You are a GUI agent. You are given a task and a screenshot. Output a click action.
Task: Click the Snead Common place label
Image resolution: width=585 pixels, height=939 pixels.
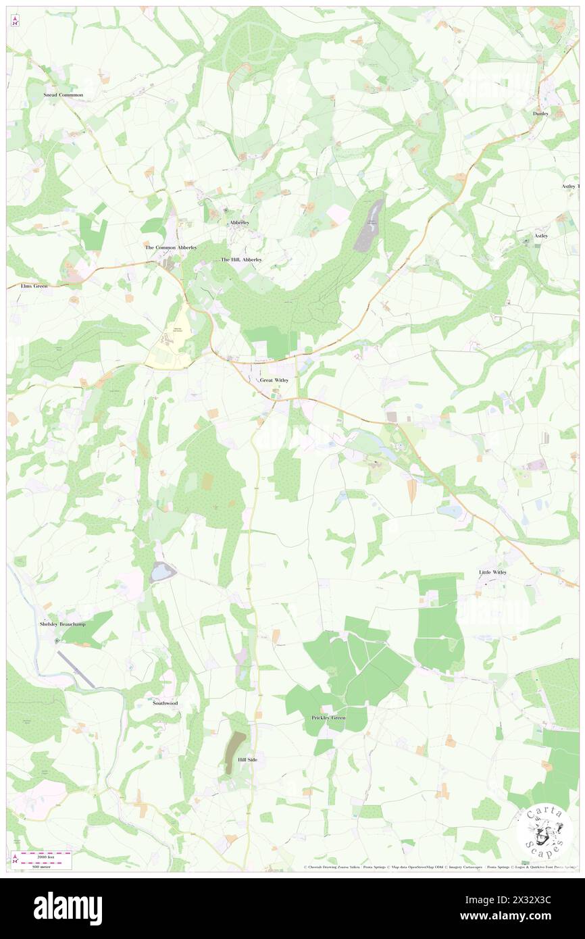(x=63, y=95)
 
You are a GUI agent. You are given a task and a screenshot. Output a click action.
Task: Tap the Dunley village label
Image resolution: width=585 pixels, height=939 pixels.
(x=540, y=114)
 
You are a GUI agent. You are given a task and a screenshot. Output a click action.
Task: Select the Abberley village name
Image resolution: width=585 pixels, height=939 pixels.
(x=239, y=222)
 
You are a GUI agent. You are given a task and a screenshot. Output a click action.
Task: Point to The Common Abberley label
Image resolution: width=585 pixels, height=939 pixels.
(x=171, y=248)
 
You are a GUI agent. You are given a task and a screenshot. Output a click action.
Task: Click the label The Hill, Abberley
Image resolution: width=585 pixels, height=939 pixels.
(x=241, y=259)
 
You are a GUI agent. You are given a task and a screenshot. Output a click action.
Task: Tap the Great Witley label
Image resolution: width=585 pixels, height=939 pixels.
(x=274, y=381)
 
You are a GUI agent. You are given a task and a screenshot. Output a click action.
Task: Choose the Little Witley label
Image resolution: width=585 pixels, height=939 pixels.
(x=492, y=572)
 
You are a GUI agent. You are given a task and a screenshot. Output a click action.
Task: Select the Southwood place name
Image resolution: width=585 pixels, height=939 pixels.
(x=165, y=703)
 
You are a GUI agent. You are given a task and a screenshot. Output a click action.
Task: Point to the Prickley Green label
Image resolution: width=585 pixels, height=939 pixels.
(x=328, y=717)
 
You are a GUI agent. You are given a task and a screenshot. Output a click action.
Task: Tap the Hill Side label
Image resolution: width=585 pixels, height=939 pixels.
(x=247, y=760)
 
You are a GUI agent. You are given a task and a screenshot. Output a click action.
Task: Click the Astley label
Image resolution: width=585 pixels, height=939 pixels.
(x=541, y=236)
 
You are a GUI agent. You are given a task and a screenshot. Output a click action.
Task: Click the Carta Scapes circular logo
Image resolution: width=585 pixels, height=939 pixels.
(x=544, y=832)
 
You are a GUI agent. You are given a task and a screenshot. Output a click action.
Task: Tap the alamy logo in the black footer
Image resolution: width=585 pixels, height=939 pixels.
(x=68, y=908)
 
